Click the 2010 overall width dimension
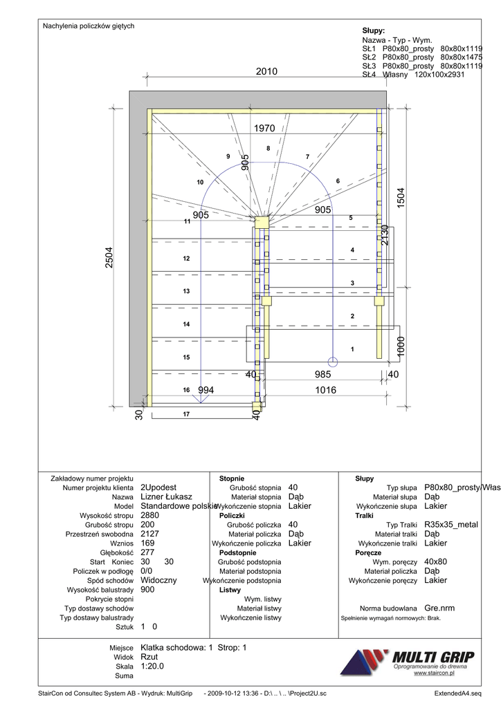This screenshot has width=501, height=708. (x=266, y=72)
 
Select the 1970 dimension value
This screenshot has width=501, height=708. (x=264, y=128)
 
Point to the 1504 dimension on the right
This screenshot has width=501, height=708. (x=400, y=198)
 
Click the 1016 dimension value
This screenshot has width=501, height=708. (x=325, y=390)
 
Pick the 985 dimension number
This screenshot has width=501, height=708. (x=323, y=374)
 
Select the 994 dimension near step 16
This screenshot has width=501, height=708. (x=206, y=390)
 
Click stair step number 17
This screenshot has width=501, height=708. (x=186, y=414)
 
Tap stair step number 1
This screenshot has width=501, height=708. (x=352, y=350)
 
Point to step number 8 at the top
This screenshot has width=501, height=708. (x=268, y=149)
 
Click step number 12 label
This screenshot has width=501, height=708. (x=186, y=259)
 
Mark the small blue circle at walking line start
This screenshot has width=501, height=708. (x=332, y=361)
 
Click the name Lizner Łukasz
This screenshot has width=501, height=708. (x=166, y=496)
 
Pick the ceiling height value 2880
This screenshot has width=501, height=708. (x=149, y=515)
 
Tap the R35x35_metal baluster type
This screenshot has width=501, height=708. (x=450, y=525)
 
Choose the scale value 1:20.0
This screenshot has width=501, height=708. (x=152, y=666)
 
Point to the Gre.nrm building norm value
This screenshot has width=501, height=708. (x=440, y=608)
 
